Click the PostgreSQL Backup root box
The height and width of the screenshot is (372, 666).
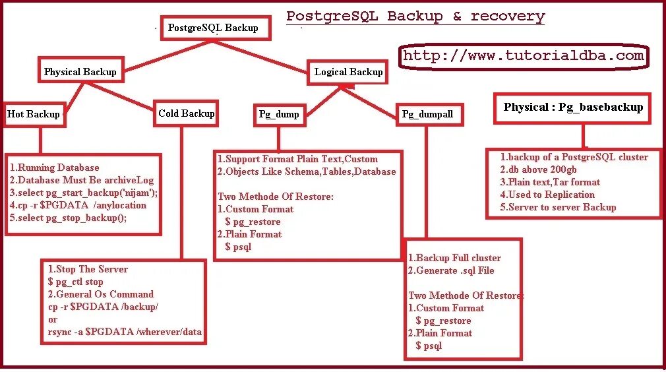point(212,28)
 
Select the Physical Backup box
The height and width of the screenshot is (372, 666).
point(80,72)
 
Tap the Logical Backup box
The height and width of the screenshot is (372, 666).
point(348,72)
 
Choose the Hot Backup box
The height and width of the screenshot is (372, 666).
point(33,114)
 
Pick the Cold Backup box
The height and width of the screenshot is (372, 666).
point(186,113)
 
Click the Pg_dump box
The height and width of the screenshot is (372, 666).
point(279,114)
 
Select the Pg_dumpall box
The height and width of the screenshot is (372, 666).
point(428,114)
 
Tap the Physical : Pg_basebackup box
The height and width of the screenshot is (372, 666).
point(572,108)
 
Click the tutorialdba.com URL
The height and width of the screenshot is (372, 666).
point(523,56)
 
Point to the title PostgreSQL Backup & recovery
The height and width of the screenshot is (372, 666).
point(415,16)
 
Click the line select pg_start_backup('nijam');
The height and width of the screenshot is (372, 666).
point(84,193)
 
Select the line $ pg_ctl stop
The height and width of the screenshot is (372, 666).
point(76,282)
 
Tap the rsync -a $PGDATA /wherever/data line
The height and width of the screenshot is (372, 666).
point(125,332)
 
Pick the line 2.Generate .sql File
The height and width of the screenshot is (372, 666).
point(451,270)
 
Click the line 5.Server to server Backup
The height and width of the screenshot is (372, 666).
point(558,207)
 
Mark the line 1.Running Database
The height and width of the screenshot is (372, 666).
point(55,168)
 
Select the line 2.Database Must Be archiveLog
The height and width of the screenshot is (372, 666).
point(82,180)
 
